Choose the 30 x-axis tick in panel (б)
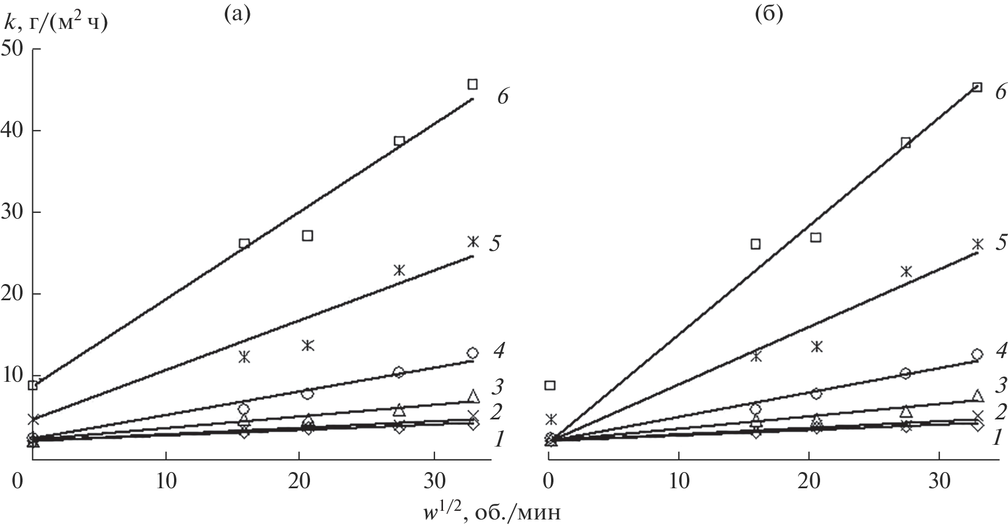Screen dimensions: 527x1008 938,481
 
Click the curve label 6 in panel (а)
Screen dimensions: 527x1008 502,96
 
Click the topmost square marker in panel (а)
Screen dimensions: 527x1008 472,84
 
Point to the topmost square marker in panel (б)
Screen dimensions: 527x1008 977,87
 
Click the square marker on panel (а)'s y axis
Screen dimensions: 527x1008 33,385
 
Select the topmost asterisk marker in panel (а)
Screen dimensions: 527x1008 473,242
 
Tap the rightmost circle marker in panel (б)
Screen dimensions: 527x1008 977,354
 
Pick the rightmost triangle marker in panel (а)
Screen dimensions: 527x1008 473,396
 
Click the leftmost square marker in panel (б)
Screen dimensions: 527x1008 551,385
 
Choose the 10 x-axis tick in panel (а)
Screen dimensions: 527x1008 166,481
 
